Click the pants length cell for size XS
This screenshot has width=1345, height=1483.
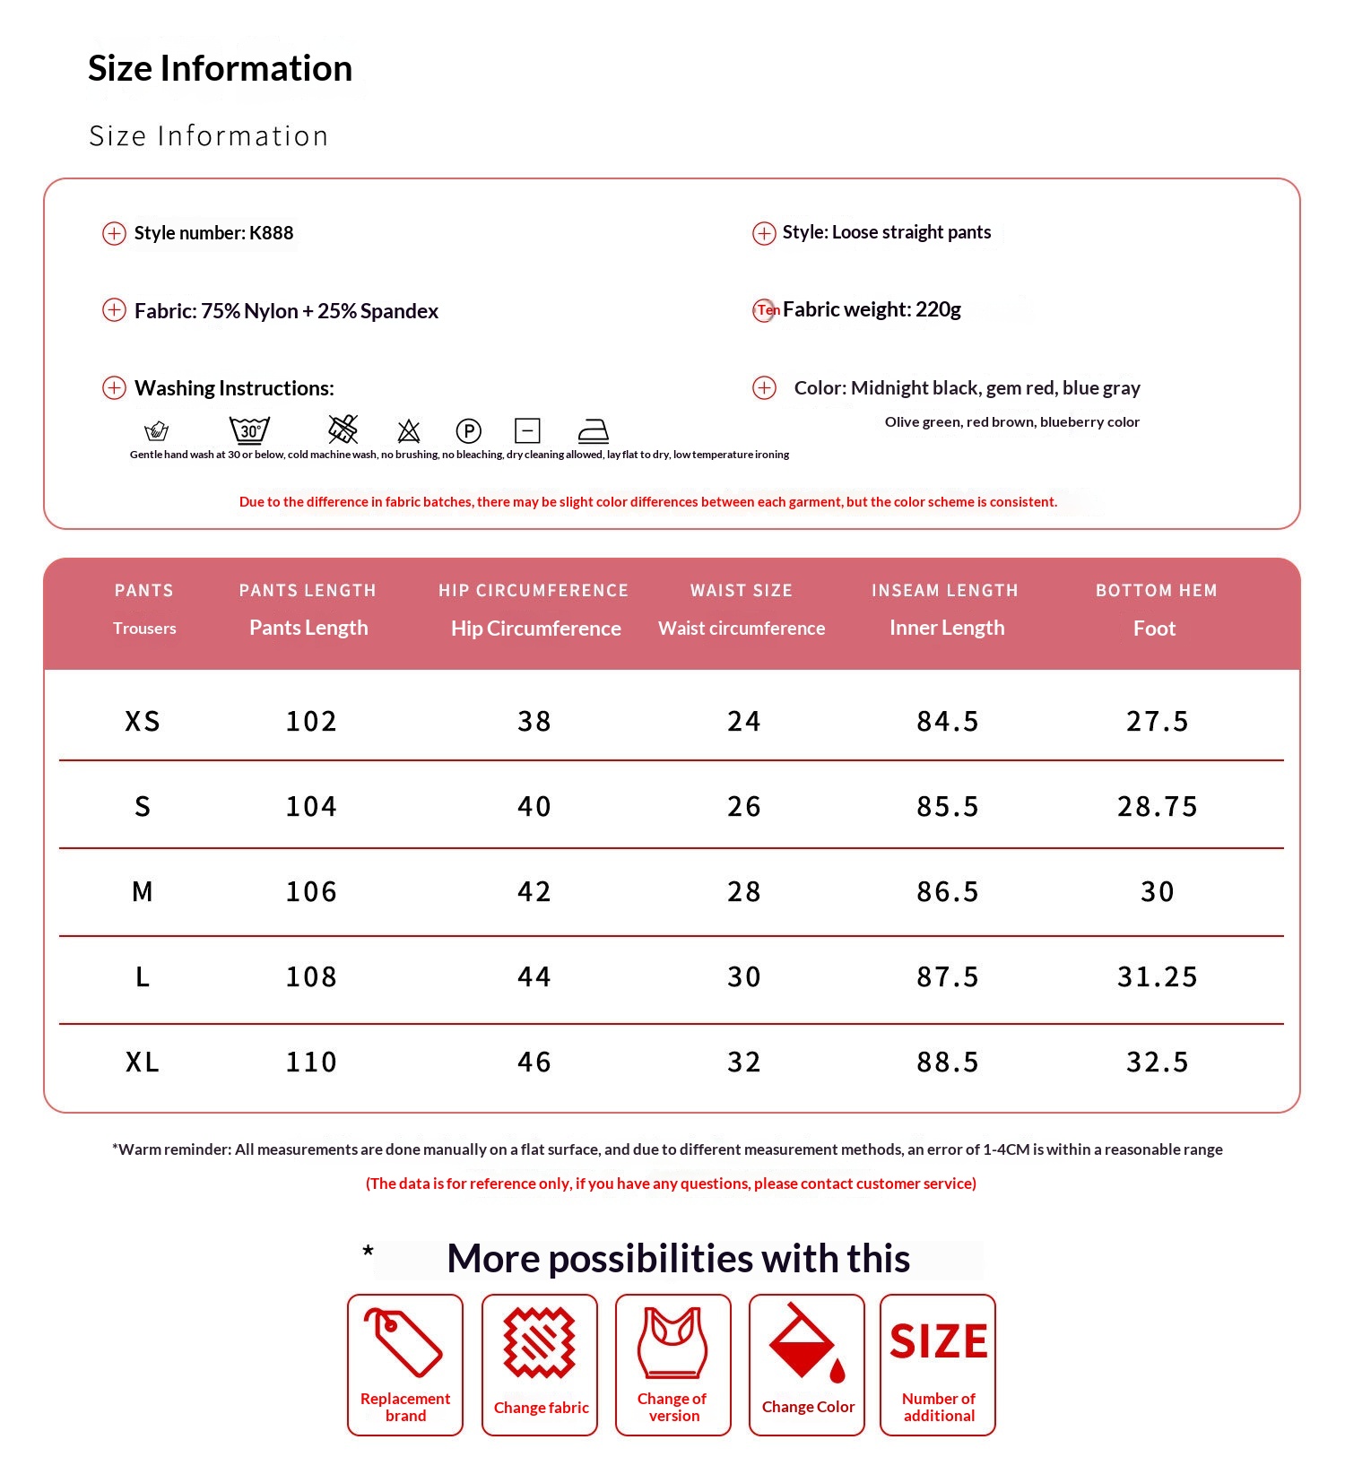click(311, 721)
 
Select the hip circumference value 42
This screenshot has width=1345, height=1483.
click(534, 891)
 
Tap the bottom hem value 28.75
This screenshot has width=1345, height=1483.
click(1157, 806)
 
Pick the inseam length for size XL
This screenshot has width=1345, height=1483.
click(947, 1062)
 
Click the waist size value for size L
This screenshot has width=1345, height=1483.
click(743, 976)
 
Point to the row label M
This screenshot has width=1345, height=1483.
click(143, 891)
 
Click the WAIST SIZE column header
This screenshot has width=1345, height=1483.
click(742, 591)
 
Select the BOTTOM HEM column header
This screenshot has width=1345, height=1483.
click(1156, 591)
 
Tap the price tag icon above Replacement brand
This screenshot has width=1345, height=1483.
click(403, 1342)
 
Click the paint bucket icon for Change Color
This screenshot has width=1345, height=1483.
click(805, 1342)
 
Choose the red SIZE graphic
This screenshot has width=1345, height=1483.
click(938, 1342)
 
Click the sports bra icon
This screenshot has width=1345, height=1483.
click(672, 1342)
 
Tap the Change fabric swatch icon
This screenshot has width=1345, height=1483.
click(539, 1342)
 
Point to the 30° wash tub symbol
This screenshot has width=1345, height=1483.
click(249, 430)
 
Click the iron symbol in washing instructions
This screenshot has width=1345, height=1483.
click(593, 431)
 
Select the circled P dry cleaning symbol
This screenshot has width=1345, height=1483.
click(468, 431)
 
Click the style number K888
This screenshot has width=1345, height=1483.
click(271, 233)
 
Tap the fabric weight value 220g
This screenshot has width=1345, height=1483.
click(938, 310)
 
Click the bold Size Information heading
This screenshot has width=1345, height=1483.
click(221, 69)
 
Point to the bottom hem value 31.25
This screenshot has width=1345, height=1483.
click(1157, 976)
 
